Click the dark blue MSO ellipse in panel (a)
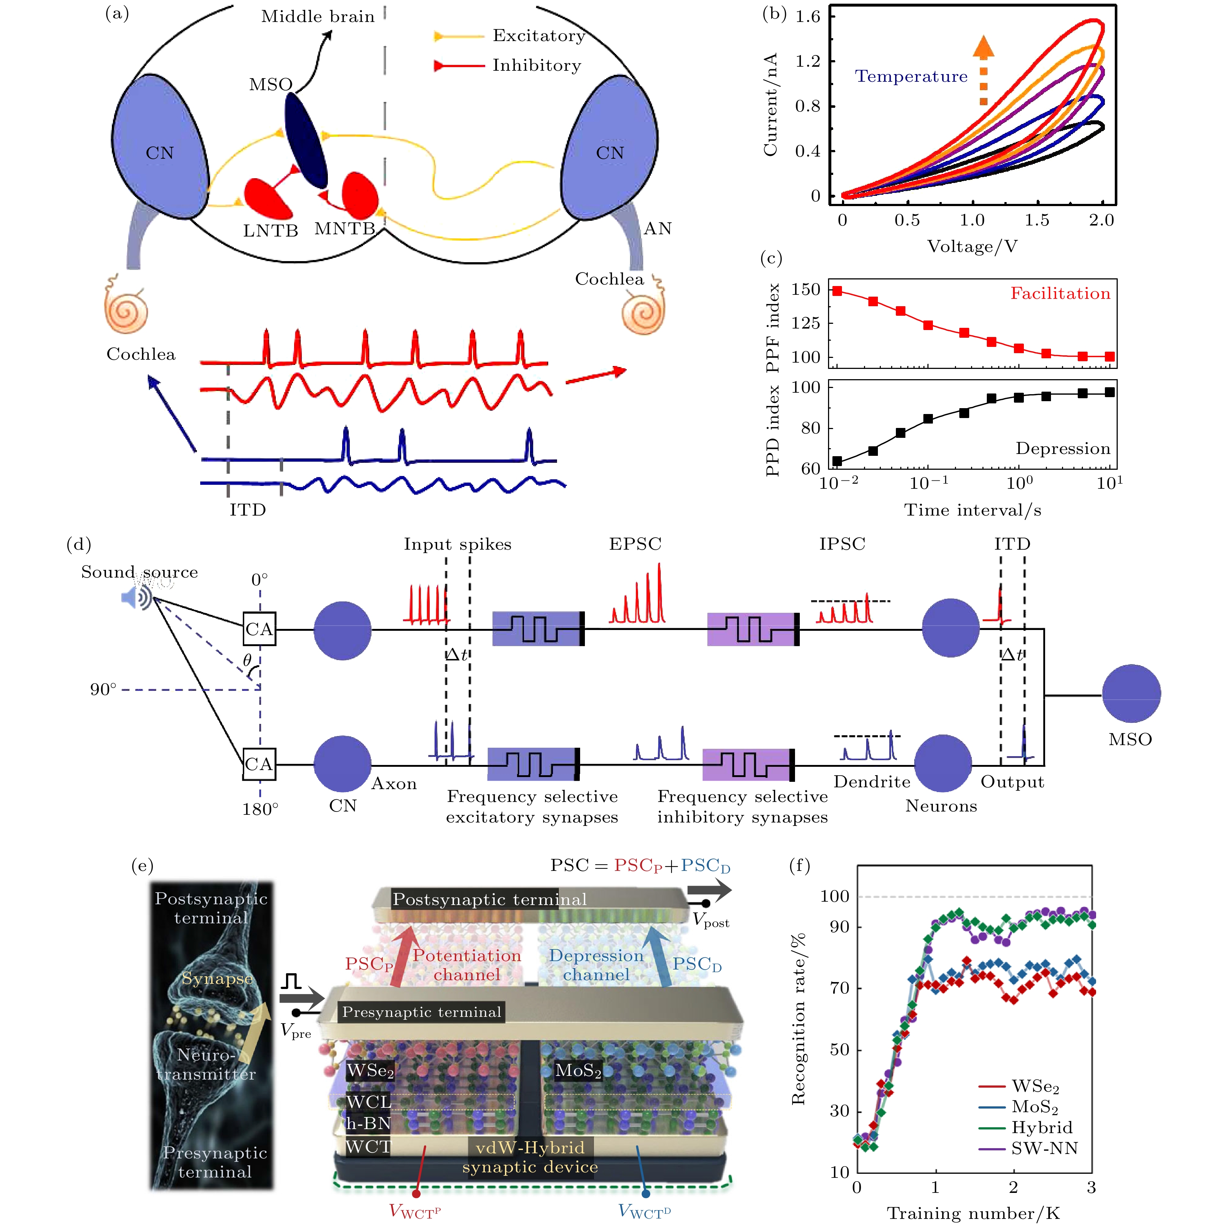tap(305, 140)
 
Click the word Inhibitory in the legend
tap(536, 65)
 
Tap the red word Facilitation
tap(1060, 293)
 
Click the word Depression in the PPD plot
tap(1062, 448)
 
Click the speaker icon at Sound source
tap(136, 597)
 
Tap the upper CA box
tap(259, 629)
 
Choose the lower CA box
tap(259, 764)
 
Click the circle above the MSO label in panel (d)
tap(1131, 693)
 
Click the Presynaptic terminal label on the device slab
tap(422, 1012)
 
